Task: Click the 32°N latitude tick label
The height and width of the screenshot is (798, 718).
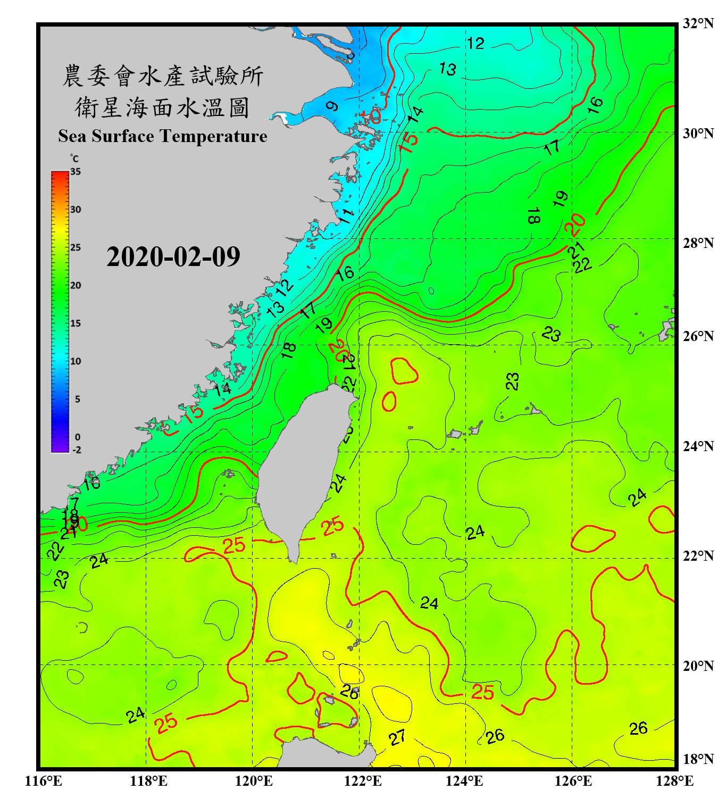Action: [x=698, y=23]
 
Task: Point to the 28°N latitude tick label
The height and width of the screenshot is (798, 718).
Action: [x=698, y=243]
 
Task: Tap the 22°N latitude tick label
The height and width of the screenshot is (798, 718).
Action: [x=698, y=556]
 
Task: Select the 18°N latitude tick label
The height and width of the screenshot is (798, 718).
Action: [x=698, y=759]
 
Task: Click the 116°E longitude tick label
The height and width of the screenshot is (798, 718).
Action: [x=43, y=781]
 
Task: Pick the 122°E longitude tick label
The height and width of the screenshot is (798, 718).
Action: [x=363, y=781]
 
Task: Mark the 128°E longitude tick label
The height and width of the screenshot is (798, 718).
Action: [x=674, y=781]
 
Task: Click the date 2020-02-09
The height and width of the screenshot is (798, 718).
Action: [x=173, y=257]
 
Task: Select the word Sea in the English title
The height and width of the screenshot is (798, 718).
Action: [x=73, y=136]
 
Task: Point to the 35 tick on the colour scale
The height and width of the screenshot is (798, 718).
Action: [x=76, y=172]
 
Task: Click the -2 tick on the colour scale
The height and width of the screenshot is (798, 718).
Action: [x=77, y=450]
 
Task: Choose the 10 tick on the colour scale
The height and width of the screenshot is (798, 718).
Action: [x=76, y=361]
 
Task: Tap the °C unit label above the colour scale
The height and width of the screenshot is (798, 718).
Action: [x=74, y=159]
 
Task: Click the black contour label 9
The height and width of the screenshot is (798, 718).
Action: [x=332, y=106]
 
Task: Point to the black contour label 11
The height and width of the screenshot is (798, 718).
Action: [x=346, y=216]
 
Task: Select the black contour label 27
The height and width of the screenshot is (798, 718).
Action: [x=397, y=737]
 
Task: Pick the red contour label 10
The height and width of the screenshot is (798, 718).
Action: [x=370, y=115]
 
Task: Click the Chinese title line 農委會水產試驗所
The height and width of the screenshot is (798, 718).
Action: [x=163, y=76]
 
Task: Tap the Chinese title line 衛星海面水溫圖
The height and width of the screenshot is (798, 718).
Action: [x=162, y=107]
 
